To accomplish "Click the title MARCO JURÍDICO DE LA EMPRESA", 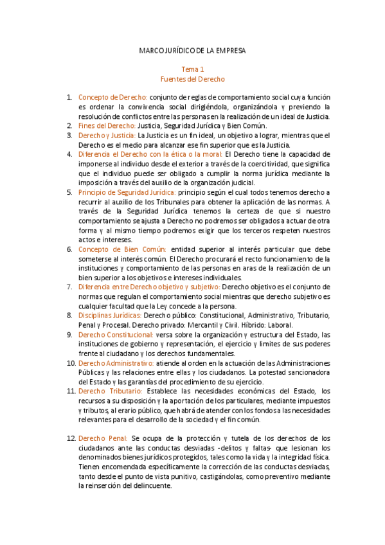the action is point(192,49).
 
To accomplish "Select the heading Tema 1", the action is point(192,69).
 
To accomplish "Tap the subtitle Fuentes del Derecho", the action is point(192,79).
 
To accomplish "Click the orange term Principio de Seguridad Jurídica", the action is point(127,192).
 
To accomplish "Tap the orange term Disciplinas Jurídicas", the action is point(110,315).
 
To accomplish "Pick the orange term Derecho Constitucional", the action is point(116,334).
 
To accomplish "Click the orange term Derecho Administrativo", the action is point(116,363).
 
